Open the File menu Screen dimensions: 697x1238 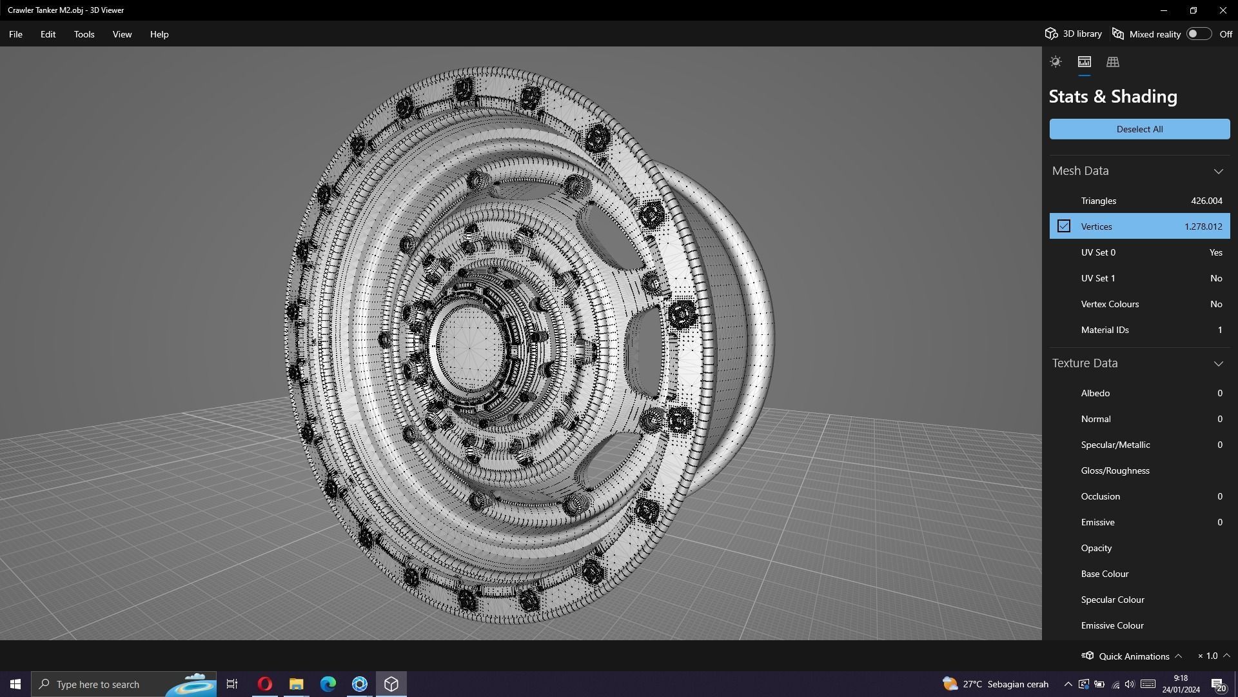click(x=15, y=34)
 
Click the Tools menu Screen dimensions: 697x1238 click(x=84, y=34)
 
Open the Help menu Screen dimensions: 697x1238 click(x=159, y=34)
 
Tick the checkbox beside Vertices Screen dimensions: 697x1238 click(x=1064, y=227)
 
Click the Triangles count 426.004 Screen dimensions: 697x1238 click(x=1206, y=201)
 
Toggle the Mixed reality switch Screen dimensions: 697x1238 click(x=1199, y=34)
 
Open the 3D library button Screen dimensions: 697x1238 click(x=1074, y=34)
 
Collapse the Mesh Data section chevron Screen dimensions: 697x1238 click(x=1218, y=171)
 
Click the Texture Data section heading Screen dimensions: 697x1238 click(x=1085, y=363)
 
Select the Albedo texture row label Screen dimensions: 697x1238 click(x=1096, y=393)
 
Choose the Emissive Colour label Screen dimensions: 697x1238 click(x=1112, y=625)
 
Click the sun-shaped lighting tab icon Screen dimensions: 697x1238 click(x=1056, y=62)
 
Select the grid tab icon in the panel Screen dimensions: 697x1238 click(x=1113, y=62)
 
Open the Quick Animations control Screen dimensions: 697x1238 click(x=1133, y=656)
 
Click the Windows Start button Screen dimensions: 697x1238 click(x=15, y=684)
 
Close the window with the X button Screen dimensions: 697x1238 click(x=1223, y=10)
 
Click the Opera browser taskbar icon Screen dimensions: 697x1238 click(x=264, y=684)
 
